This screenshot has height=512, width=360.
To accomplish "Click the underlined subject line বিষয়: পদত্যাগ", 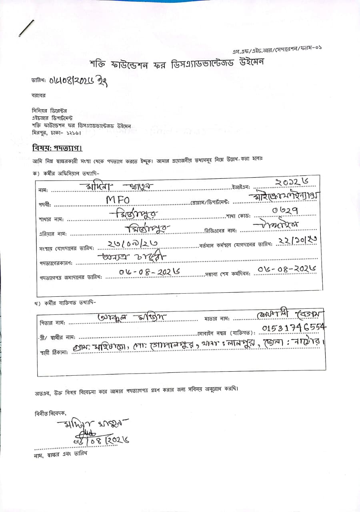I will click(x=57, y=148).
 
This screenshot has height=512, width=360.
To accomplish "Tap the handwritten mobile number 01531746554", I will click(x=294, y=328).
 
